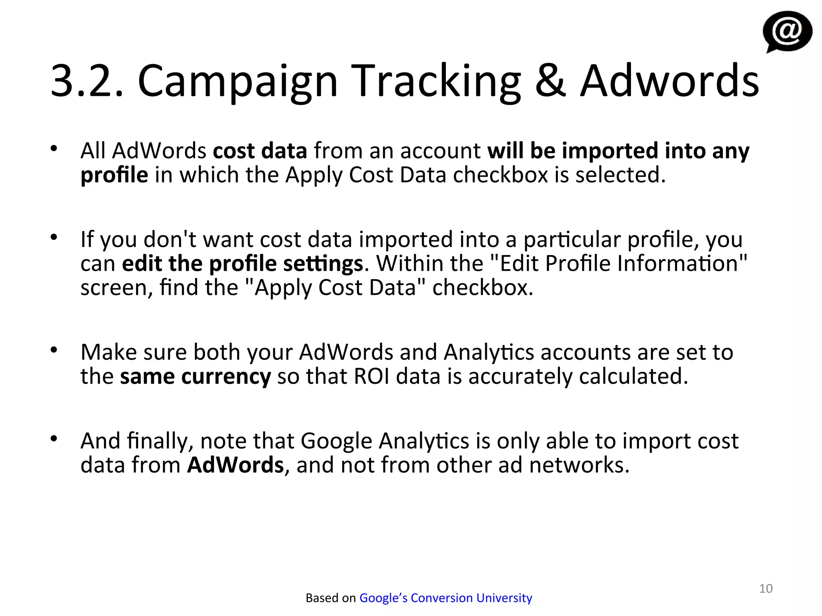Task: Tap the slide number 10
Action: pyautogui.click(x=766, y=588)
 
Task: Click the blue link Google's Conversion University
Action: pyautogui.click(x=446, y=598)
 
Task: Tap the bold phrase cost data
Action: pyautogui.click(x=260, y=151)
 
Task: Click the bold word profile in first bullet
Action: pyautogui.click(x=114, y=175)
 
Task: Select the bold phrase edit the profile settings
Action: pyautogui.click(x=242, y=263)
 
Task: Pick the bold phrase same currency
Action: pyautogui.click(x=195, y=377)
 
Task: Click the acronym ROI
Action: pyautogui.click(x=371, y=377)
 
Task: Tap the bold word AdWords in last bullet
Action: pyautogui.click(x=236, y=465)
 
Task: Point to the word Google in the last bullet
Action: pyautogui.click(x=336, y=441)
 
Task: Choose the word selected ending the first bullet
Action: pyautogui.click(x=620, y=175)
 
